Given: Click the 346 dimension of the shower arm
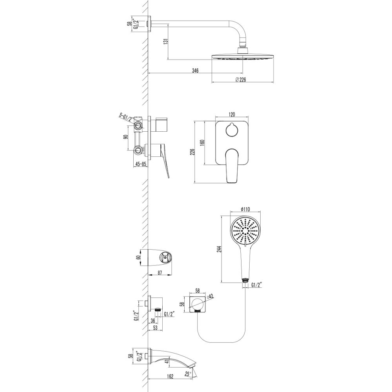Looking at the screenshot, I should pyautogui.click(x=195, y=71).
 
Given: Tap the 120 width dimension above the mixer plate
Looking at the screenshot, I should pyautogui.click(x=231, y=114).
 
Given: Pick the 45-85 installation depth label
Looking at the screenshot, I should pyautogui.click(x=140, y=164).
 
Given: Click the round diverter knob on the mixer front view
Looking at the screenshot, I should pyautogui.click(x=231, y=130).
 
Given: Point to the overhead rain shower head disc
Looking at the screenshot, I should pyautogui.click(x=242, y=57).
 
